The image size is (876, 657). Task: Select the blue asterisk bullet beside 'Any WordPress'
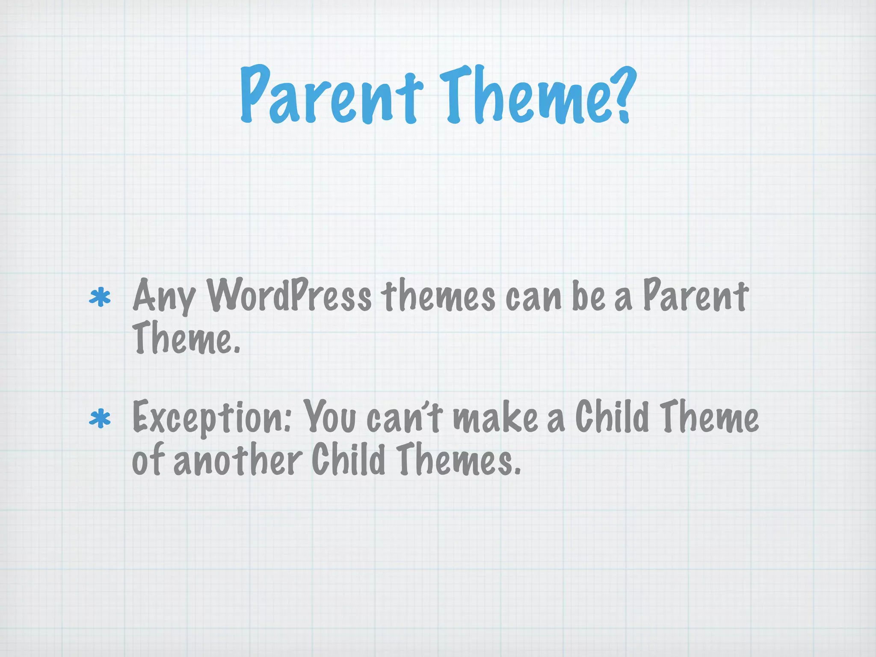tap(100, 298)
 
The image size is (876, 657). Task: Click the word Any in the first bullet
tap(164, 296)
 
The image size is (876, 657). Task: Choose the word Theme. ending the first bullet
tap(186, 338)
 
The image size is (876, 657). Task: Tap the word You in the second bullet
tap(329, 417)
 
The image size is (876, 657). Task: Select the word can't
tap(403, 417)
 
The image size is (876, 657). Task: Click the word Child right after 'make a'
tap(612, 416)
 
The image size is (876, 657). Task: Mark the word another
tap(238, 459)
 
